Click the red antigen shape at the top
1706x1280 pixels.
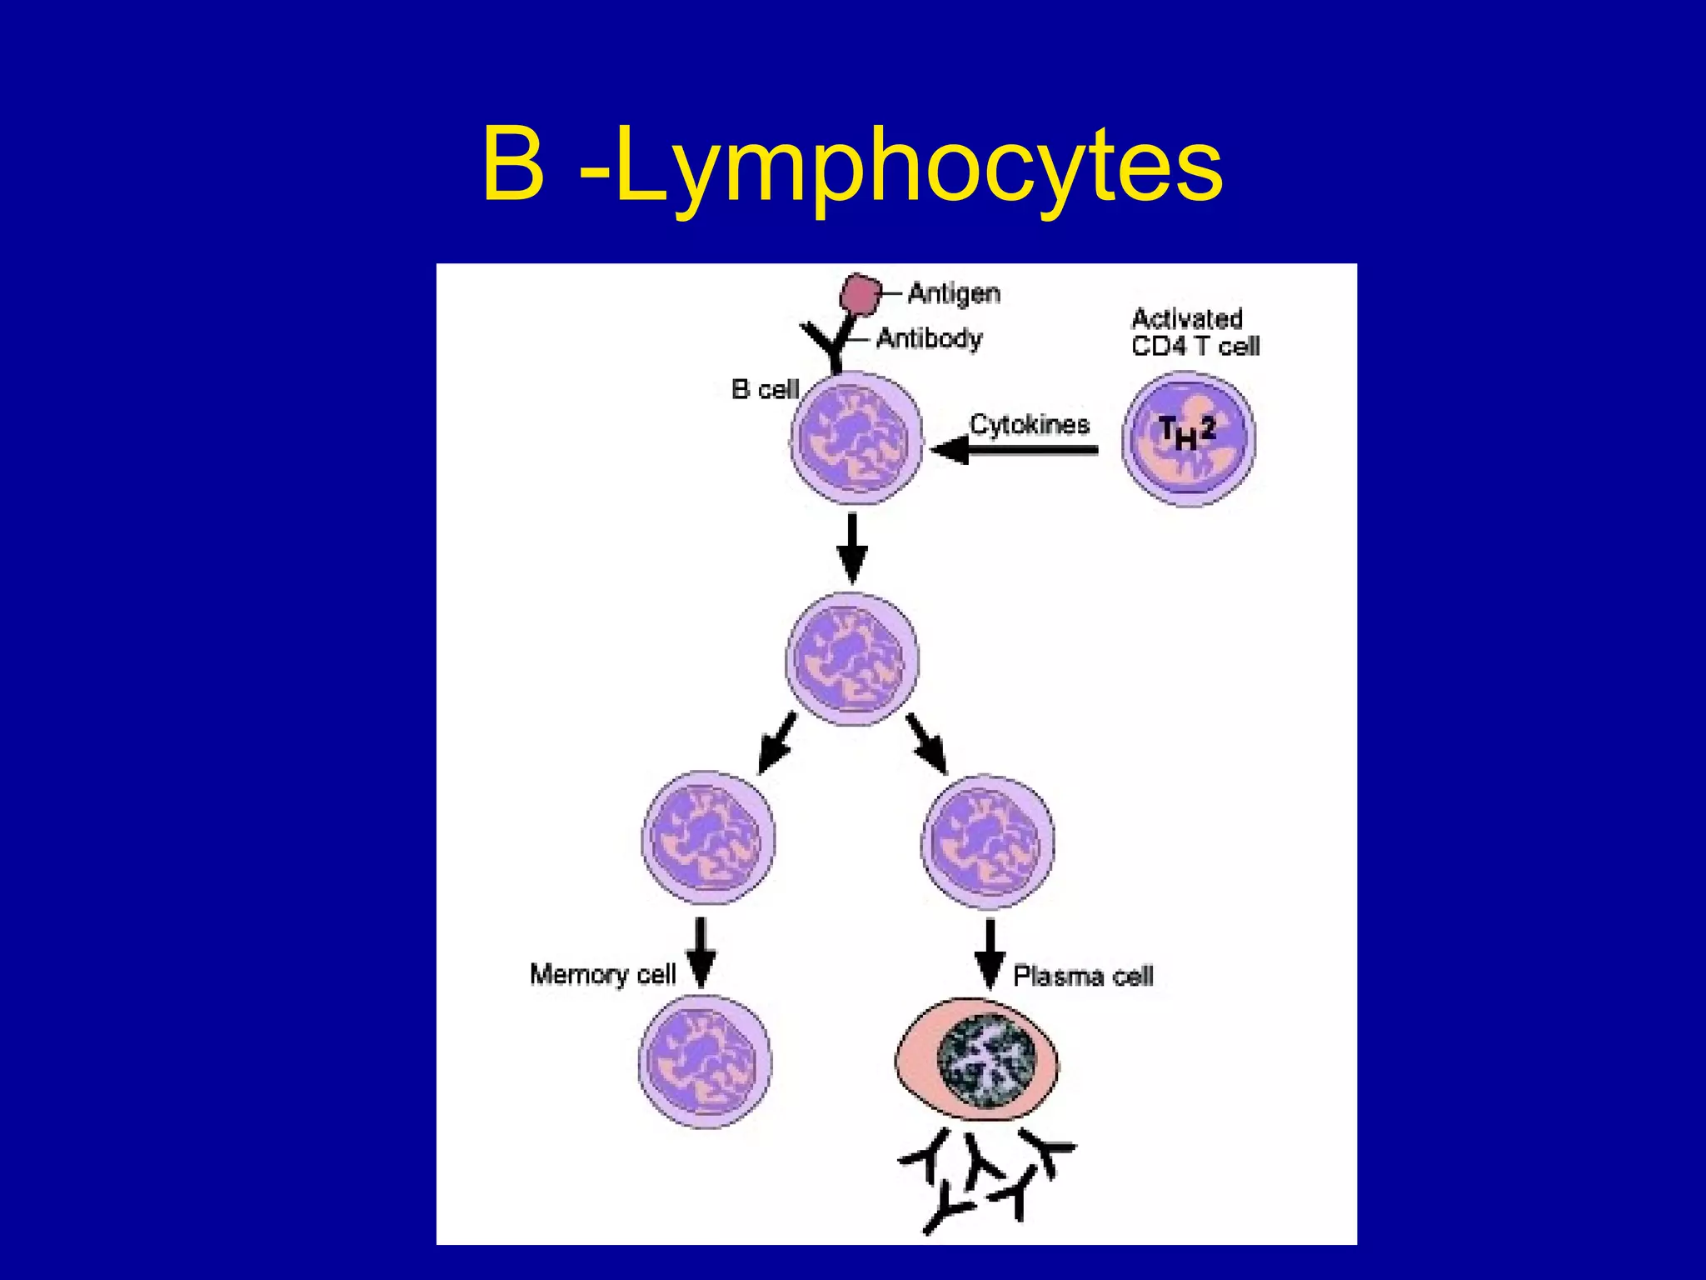(860, 294)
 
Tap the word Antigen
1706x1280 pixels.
(954, 293)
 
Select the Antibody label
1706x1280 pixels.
(929, 338)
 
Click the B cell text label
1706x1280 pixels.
(764, 389)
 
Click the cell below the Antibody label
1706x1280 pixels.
(855, 437)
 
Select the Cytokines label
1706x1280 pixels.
(1030, 424)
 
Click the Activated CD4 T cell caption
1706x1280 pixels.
(1195, 332)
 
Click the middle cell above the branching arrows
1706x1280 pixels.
(852, 659)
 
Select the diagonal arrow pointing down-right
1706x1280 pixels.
(927, 742)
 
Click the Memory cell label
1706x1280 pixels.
(602, 974)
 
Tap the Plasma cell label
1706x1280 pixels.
(1083, 976)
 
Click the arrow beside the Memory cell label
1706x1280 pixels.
(701, 953)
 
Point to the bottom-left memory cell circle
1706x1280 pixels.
(705, 1062)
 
